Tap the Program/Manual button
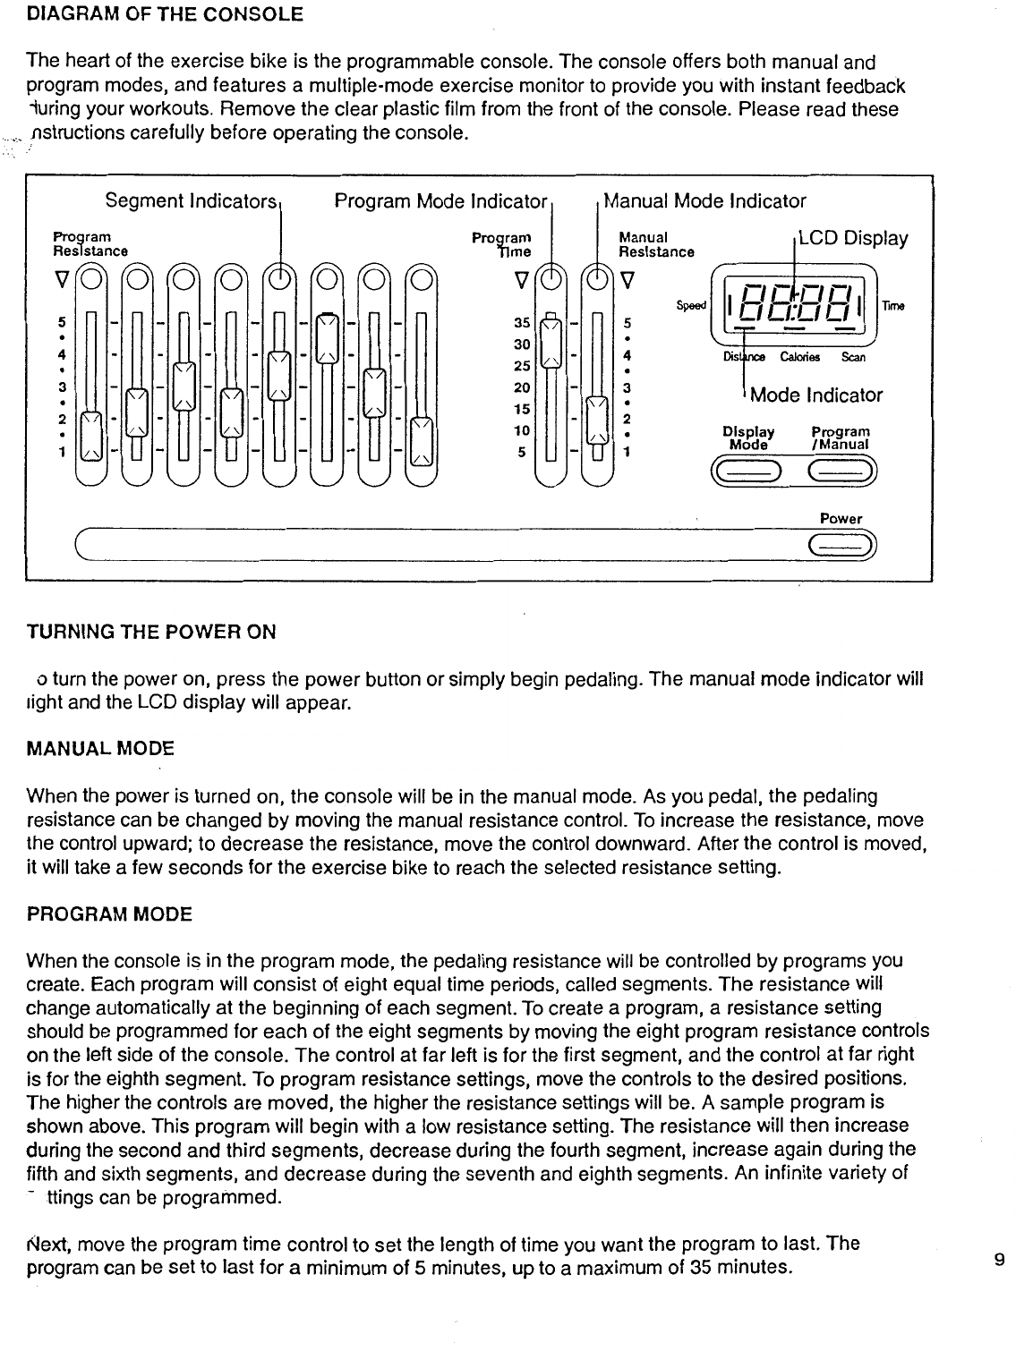pos(841,468)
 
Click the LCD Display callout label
pos(853,239)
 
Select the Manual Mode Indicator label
pos(705,201)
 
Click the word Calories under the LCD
pos(797,358)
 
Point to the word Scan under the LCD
pos(854,358)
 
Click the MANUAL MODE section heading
pos(100,747)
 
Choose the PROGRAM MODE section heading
pos(109,914)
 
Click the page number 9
pos(998,1260)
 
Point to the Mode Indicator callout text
pos(816,395)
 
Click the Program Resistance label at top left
pos(90,244)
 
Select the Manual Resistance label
pos(656,245)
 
